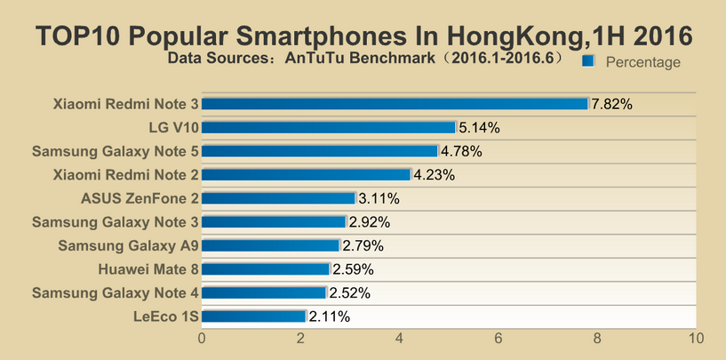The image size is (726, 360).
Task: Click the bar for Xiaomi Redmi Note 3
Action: [395, 104]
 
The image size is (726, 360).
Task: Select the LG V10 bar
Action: [329, 127]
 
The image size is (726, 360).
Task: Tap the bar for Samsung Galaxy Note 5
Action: [320, 151]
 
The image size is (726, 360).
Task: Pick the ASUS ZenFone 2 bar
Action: [279, 198]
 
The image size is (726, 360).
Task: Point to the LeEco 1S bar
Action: [254, 316]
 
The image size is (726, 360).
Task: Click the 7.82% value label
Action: [612, 104]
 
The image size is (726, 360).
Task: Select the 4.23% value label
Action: [435, 175]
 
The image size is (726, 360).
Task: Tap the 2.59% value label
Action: [353, 269]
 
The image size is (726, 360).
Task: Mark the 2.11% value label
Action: [330, 316]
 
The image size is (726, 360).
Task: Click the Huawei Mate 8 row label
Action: [148, 268]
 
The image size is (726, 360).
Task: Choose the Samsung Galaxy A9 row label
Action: [128, 245]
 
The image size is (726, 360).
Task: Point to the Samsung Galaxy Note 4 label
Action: [115, 292]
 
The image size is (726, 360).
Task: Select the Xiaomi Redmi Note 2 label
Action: [126, 174]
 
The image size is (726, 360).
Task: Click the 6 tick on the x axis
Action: [499, 339]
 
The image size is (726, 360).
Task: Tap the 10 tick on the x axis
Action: [696, 339]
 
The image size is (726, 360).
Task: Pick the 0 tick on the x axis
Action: [203, 339]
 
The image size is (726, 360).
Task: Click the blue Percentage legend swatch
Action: [587, 62]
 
